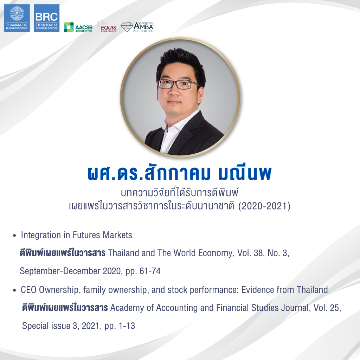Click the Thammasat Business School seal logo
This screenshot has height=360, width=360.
click(17, 18)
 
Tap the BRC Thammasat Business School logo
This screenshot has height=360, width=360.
click(47, 18)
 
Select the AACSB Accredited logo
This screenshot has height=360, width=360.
click(78, 27)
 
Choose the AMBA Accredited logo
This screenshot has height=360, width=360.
click(137, 27)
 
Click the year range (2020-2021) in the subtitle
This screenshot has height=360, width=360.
click(264, 206)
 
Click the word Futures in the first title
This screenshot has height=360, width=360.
click(86, 235)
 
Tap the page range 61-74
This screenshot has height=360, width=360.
click(150, 271)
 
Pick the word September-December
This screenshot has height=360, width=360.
click(60, 271)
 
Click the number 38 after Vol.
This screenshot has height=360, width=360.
click(258, 253)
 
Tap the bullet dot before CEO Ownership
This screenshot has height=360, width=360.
click(14, 290)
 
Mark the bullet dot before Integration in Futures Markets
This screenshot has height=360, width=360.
click(14, 236)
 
